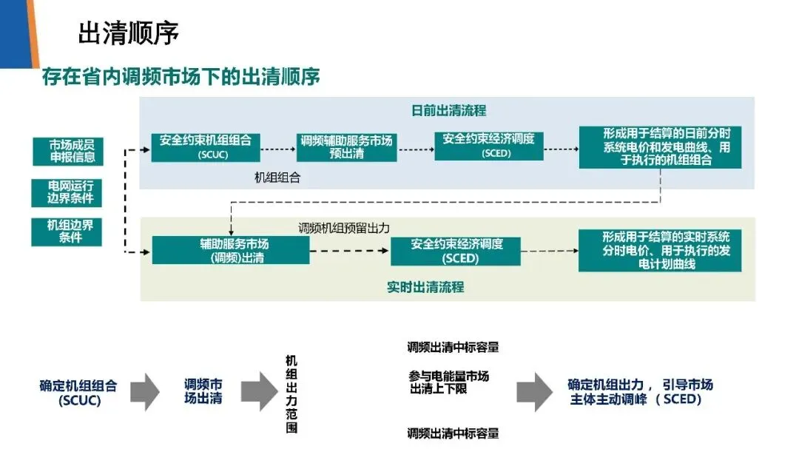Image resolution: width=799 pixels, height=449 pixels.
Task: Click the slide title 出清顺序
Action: click(x=129, y=33)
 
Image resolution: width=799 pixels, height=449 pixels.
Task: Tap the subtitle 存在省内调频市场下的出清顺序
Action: click(x=181, y=76)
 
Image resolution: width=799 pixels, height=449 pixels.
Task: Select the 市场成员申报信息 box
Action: click(x=67, y=151)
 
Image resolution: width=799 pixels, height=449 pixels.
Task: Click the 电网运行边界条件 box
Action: click(x=67, y=192)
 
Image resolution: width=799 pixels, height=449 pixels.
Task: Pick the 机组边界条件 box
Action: click(x=67, y=232)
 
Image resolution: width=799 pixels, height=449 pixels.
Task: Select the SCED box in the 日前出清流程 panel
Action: click(x=489, y=146)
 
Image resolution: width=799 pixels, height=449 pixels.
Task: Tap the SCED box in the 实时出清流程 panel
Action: click(x=456, y=251)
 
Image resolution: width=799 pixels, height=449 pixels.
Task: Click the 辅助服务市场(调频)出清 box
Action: click(x=230, y=251)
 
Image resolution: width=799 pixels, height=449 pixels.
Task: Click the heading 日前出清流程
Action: click(x=448, y=111)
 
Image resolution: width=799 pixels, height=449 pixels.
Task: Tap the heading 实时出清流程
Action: click(x=425, y=287)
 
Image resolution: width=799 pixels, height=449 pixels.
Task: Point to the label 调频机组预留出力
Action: click(x=343, y=228)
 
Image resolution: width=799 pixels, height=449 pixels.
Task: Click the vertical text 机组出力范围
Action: click(x=291, y=394)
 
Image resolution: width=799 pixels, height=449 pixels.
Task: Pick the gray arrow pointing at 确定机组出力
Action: click(x=532, y=392)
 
